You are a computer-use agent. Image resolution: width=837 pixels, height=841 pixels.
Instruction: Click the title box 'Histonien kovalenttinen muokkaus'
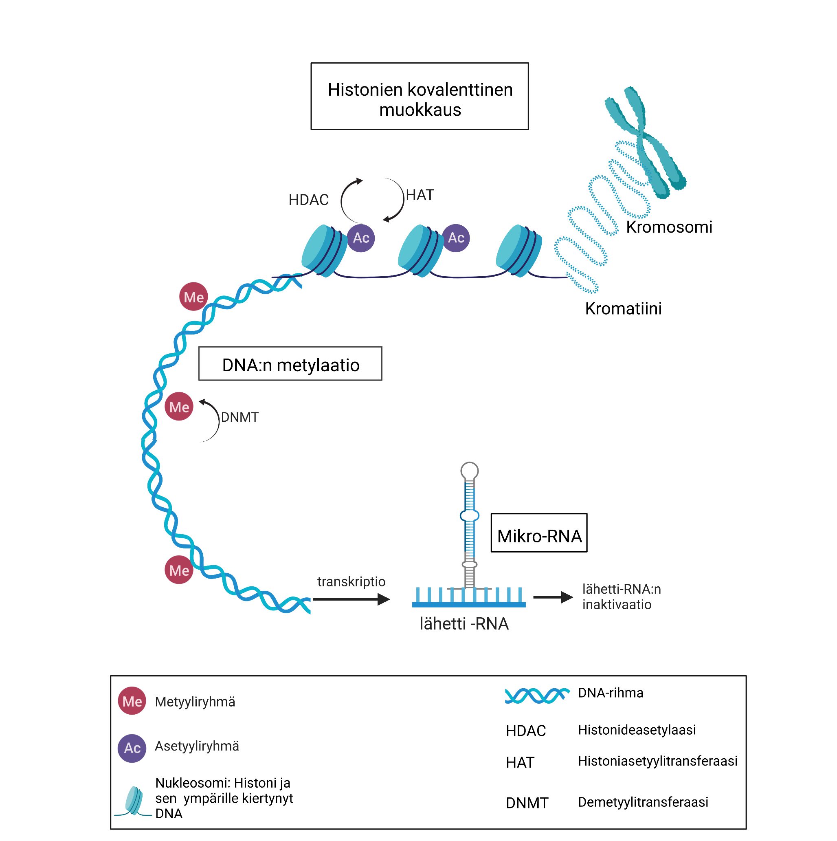[420, 96]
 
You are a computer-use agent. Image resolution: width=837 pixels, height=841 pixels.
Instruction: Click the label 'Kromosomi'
[669, 227]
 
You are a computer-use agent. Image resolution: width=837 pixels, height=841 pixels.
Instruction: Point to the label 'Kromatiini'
[623, 308]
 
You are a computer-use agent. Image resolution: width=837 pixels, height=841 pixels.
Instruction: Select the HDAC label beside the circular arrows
[308, 200]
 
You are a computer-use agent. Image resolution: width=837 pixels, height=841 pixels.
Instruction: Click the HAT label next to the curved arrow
[420, 195]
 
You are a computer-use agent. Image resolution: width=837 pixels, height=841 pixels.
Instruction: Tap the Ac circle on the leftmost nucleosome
[360, 238]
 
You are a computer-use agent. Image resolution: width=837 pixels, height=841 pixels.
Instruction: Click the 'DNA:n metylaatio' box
[290, 364]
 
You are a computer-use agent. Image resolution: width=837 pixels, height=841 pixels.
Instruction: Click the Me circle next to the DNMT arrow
[179, 407]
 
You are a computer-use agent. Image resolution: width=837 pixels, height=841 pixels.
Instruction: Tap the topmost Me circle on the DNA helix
[193, 297]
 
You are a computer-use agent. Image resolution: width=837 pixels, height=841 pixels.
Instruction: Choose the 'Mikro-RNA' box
[538, 533]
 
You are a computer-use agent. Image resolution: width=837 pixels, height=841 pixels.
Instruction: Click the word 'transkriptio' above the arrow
[351, 581]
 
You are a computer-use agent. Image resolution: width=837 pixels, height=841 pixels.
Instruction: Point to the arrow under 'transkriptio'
[351, 599]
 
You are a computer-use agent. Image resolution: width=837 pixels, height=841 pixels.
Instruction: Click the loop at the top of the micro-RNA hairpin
[469, 470]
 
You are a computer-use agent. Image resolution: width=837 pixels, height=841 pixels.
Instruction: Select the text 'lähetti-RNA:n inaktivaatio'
[621, 597]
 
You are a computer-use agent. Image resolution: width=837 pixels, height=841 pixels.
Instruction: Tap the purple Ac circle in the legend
[132, 748]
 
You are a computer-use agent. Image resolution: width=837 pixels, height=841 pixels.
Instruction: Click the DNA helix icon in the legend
[537, 696]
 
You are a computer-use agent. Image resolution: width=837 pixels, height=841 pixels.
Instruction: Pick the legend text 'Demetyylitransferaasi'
[643, 802]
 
